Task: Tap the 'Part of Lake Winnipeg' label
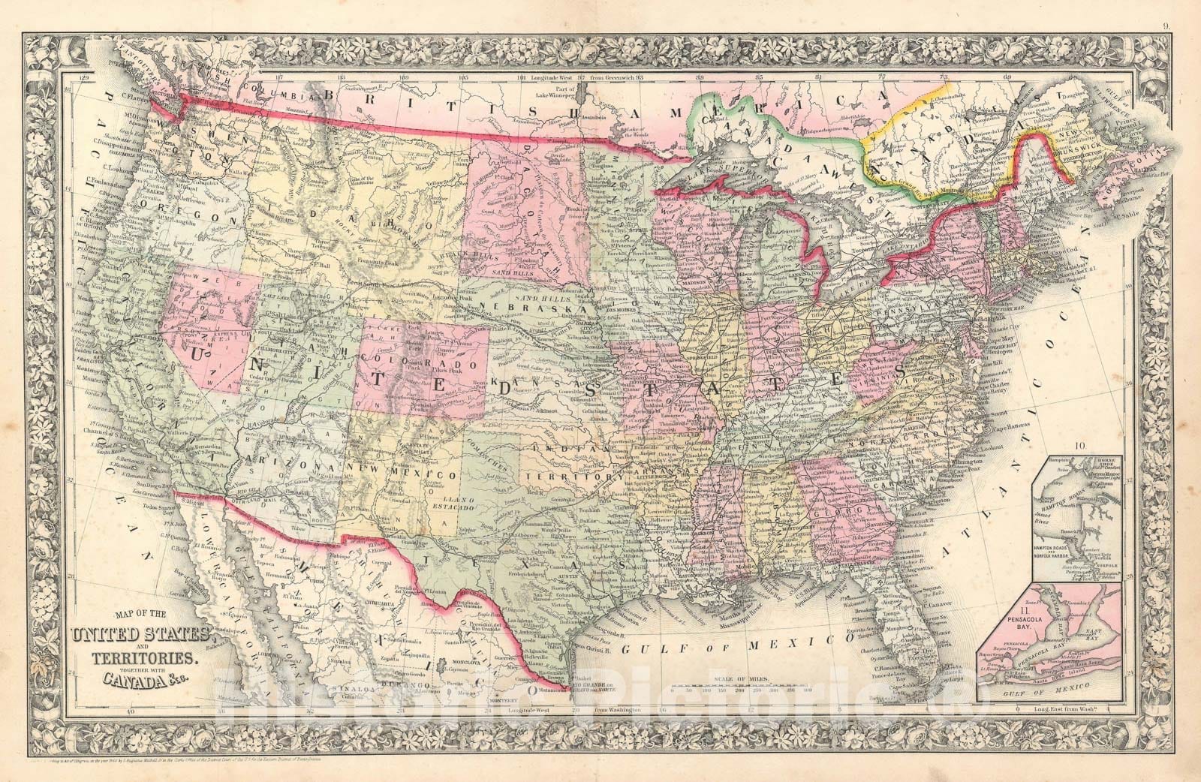coord(554,93)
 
